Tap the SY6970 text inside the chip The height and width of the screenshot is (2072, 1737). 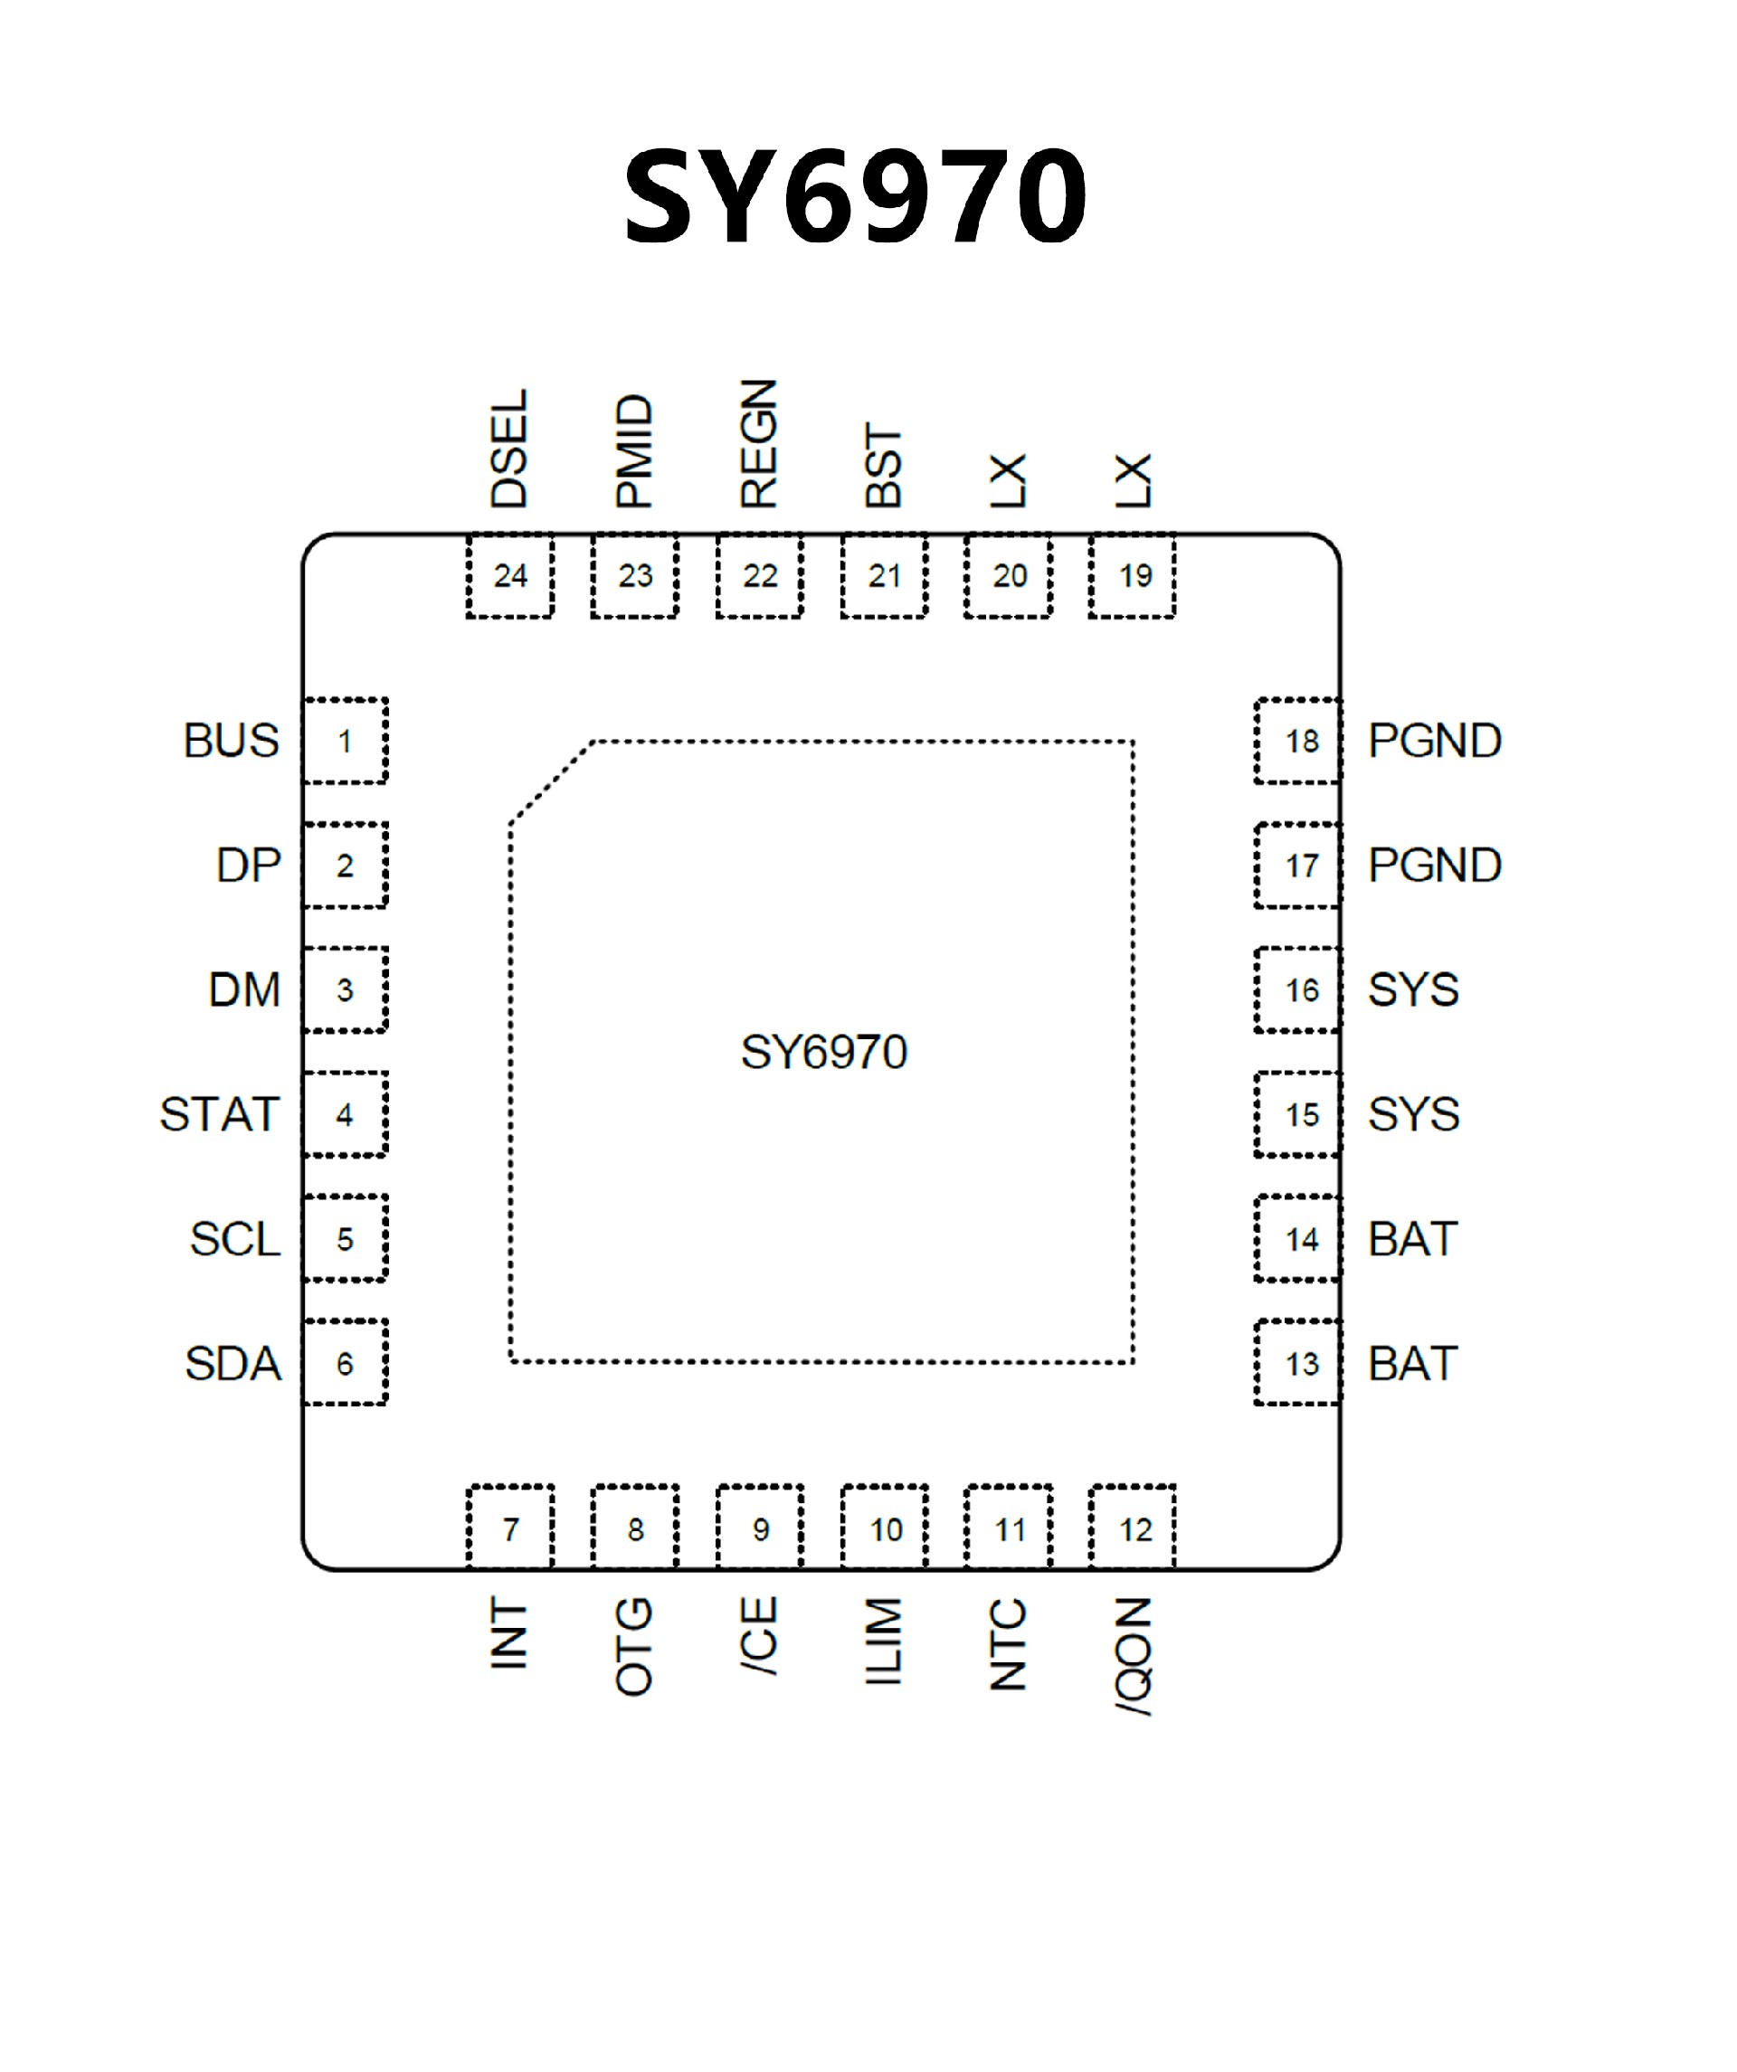click(823, 1053)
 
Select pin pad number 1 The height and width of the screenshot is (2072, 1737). click(345, 741)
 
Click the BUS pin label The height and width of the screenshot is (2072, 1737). click(231, 741)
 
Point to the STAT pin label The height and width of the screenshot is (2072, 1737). click(219, 1115)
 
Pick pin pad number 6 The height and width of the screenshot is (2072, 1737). click(345, 1364)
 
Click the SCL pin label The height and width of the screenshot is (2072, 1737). click(235, 1239)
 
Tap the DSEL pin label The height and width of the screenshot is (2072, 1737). click(509, 449)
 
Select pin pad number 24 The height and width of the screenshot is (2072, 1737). click(510, 575)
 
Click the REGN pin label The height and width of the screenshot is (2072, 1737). click(759, 444)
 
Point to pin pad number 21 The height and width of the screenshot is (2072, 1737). click(884, 575)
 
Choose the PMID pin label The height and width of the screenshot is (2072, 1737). click(634, 452)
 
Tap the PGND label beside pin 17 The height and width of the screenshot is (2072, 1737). click(1434, 866)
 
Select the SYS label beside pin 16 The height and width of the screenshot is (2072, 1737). click(1412, 989)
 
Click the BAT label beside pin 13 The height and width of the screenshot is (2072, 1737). click(1412, 1364)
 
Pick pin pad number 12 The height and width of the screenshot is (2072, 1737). click(1134, 1529)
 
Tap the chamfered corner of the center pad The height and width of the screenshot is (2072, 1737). click(550, 781)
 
